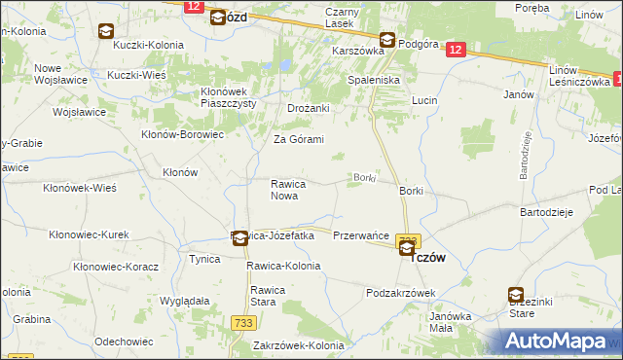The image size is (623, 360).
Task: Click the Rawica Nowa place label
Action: coord(289,189)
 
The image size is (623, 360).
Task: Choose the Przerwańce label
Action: coord(361,235)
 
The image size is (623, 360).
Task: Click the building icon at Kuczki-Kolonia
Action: coord(104,31)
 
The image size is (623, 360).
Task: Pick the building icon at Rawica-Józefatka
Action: coord(238,236)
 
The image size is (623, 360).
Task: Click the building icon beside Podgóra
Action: coord(387,40)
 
